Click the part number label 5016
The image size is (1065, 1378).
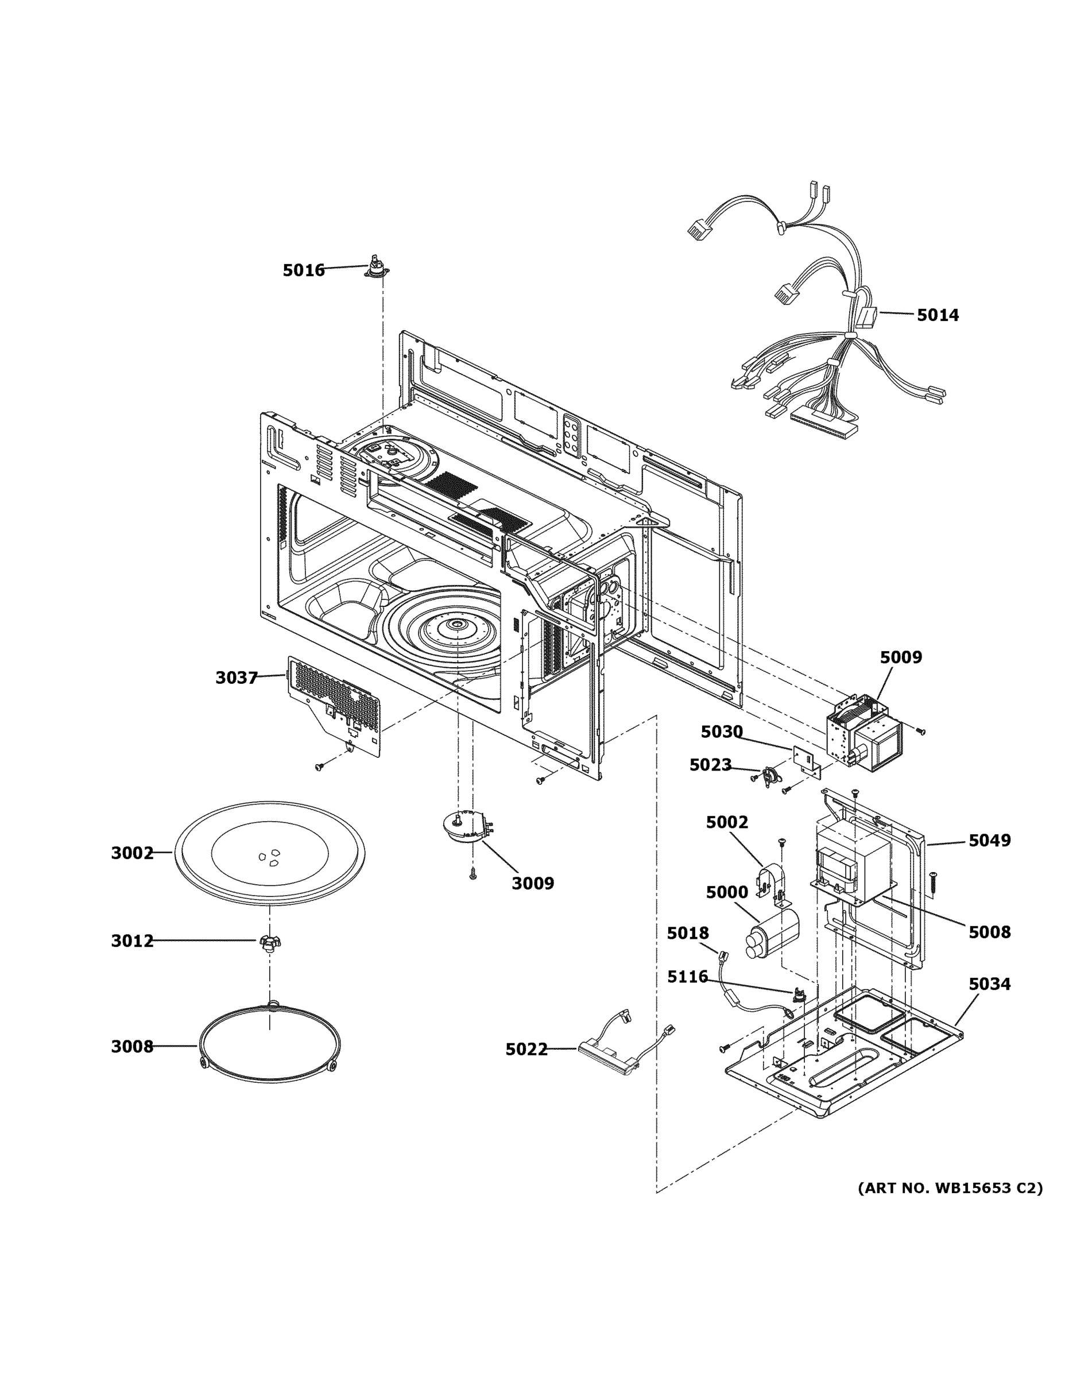304,270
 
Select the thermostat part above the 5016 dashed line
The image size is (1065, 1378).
377,268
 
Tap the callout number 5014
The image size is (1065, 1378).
938,315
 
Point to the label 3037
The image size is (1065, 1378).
237,678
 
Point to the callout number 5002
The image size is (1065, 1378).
727,823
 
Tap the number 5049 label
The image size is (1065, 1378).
989,841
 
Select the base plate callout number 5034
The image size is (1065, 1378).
989,984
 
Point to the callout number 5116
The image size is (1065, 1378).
688,977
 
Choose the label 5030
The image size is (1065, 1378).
722,732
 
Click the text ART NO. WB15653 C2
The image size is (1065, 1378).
950,1188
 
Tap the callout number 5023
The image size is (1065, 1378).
710,765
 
